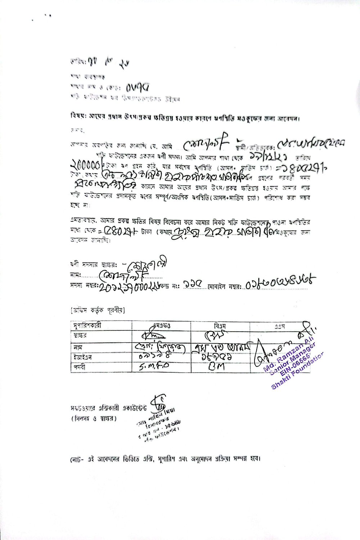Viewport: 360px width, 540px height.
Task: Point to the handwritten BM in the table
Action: tap(216, 367)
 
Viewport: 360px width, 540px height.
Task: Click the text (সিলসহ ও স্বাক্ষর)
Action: tap(94, 418)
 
